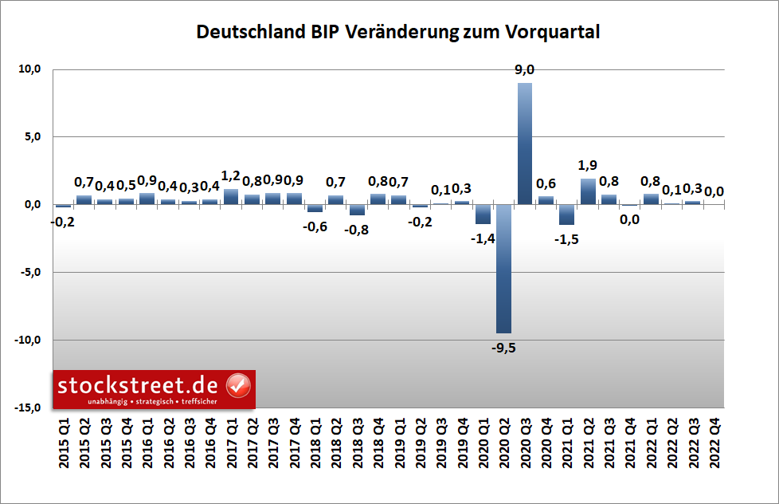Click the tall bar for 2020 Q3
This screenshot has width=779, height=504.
click(525, 144)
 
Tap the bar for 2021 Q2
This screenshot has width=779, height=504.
click(588, 191)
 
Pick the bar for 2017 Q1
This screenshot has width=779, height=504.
click(231, 197)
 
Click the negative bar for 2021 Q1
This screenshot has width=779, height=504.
click(567, 215)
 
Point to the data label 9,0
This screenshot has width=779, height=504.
click(524, 71)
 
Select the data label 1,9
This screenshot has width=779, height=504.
click(588, 166)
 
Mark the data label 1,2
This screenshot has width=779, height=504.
click(231, 176)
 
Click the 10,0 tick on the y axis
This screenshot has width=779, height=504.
click(29, 69)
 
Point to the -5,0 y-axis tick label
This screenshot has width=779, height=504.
click(29, 273)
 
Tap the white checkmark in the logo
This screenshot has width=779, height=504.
click(238, 385)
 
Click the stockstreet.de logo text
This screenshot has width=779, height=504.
click(140, 385)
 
